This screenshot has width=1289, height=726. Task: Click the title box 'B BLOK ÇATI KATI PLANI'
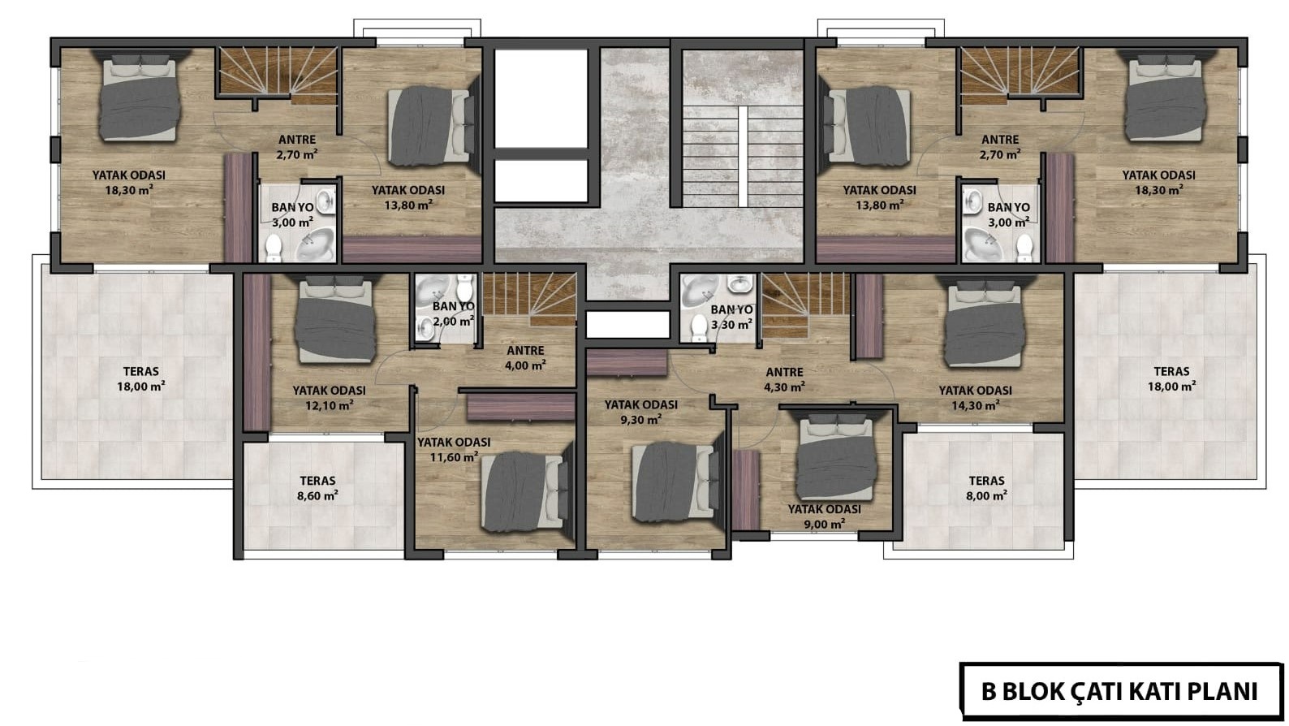pos(1121,691)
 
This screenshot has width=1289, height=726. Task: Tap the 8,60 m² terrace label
pos(317,487)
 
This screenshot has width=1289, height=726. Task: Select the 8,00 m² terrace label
pos(986,487)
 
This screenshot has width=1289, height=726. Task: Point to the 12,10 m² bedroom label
pos(330,397)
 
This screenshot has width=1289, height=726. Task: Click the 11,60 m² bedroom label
pos(454,450)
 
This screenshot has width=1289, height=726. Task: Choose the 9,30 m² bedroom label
pos(640,413)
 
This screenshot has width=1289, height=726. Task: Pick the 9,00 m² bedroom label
pos(824,516)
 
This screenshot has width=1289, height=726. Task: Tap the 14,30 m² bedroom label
pos(975,397)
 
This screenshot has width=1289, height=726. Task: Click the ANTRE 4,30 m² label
pos(784,379)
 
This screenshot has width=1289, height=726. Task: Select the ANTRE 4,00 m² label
pos(525,357)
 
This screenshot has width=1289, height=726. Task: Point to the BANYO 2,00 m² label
pos(454,313)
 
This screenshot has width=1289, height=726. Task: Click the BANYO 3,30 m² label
pos(731,317)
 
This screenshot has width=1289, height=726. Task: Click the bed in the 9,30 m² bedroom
pos(677,482)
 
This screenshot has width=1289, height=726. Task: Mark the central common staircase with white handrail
pos(743,156)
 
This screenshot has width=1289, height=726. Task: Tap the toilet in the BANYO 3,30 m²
pos(699,327)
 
